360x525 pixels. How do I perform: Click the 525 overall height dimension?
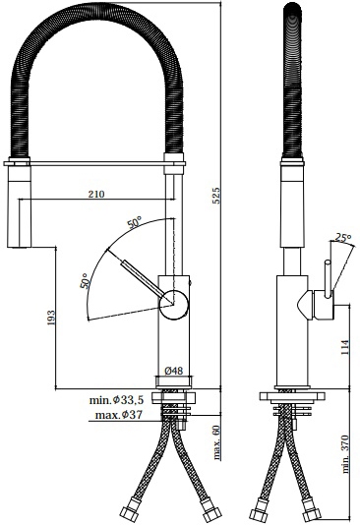217,196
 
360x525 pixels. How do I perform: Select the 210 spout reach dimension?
96,194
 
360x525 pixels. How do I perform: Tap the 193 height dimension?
51,318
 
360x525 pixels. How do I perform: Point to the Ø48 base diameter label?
174,371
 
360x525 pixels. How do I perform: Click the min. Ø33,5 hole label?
116,400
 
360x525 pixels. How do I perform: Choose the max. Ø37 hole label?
119,415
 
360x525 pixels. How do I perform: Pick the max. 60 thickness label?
217,442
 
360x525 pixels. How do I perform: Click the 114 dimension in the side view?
345,347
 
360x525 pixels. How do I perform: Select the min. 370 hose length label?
345,454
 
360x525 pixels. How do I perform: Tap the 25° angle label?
343,238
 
